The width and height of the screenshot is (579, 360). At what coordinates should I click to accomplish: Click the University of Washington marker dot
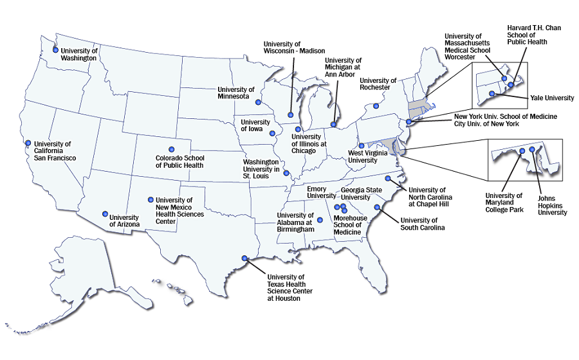pyautogui.click(x=56, y=50)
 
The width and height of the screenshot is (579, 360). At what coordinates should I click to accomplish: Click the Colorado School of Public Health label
pyautogui.click(x=179, y=161)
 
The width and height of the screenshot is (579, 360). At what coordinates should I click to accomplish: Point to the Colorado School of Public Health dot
pyautogui.click(x=171, y=145)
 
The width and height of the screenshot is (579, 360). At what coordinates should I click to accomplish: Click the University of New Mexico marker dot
pyautogui.click(x=151, y=199)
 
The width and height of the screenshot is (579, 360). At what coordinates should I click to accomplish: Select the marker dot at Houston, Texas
pyautogui.click(x=244, y=258)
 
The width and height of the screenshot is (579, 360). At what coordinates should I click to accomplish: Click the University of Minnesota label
pyautogui.click(x=236, y=93)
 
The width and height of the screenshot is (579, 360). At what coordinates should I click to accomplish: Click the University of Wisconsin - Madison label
pyautogui.click(x=294, y=47)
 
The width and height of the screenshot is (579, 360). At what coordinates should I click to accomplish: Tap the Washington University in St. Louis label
pyautogui.click(x=260, y=168)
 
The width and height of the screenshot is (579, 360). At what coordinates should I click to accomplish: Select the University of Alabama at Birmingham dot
pyautogui.click(x=320, y=220)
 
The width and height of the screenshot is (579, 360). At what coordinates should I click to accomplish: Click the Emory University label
pyautogui.click(x=322, y=192)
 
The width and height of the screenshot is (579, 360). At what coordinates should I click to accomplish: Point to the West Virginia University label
pyautogui.click(x=367, y=157)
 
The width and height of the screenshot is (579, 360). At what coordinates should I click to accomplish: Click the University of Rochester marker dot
pyautogui.click(x=376, y=106)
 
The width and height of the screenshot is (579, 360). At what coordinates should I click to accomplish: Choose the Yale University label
pyautogui.click(x=552, y=98)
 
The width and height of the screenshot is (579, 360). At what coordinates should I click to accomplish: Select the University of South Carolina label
pyautogui.click(x=423, y=224)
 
